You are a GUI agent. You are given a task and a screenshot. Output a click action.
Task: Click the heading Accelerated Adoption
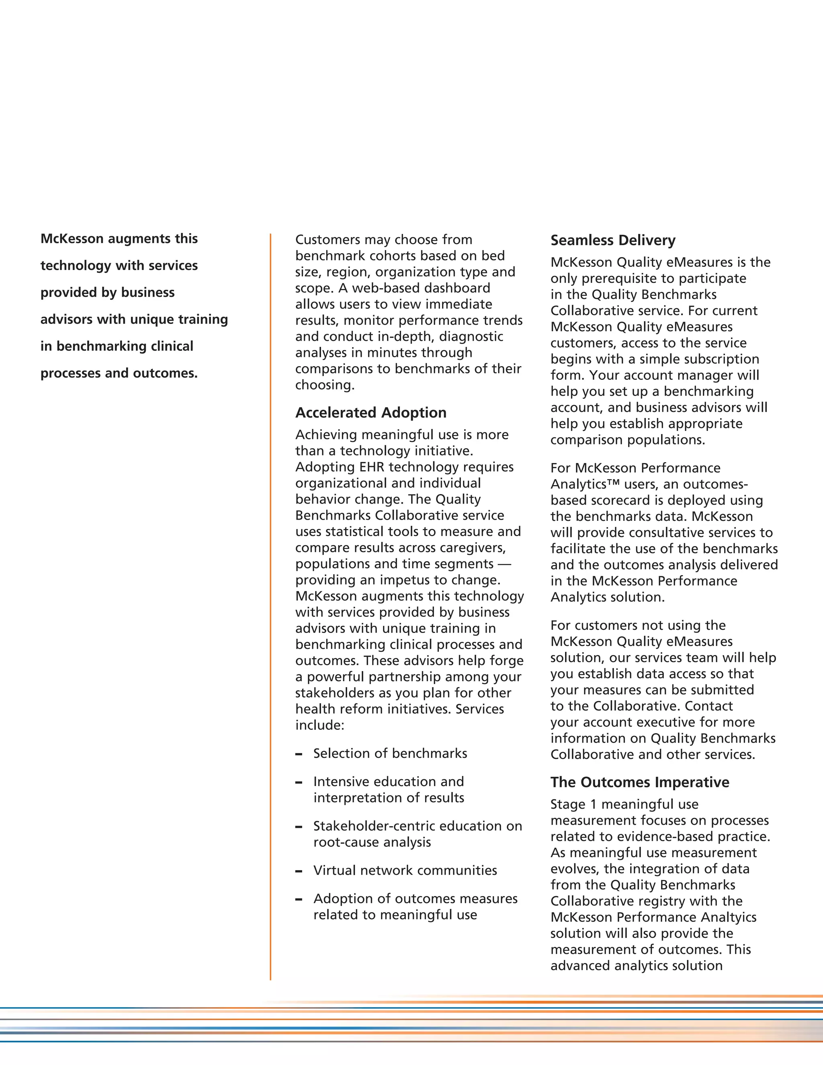371,413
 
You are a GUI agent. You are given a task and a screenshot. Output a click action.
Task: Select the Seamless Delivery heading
613,240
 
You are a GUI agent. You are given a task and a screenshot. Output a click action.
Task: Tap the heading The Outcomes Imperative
640,782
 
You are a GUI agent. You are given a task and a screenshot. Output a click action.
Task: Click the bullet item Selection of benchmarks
390,754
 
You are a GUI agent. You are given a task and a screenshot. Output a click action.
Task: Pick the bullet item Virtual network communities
405,870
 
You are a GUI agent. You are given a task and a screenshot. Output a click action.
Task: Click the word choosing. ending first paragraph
325,385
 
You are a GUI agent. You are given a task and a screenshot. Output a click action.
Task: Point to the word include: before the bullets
320,725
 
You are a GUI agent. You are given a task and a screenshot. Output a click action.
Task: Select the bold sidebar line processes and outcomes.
119,373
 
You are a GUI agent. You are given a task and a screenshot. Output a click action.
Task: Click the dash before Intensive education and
299,782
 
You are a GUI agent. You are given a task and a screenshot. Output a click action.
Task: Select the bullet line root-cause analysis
372,842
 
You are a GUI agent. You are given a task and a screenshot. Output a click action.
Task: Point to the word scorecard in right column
627,500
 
